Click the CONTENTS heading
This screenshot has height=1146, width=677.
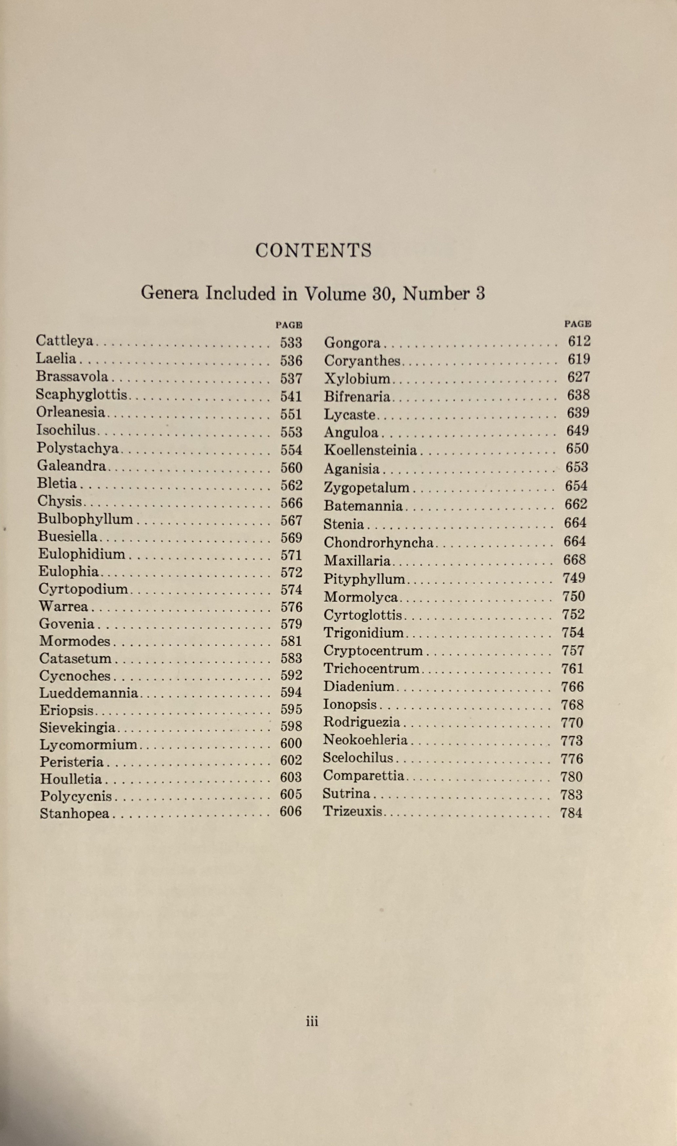coord(313,250)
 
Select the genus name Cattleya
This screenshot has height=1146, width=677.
coord(64,341)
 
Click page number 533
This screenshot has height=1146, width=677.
coord(291,343)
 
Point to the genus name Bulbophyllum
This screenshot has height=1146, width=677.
coord(85,520)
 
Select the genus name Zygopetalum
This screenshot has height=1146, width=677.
coord(366,487)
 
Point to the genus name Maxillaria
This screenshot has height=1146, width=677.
coord(357,561)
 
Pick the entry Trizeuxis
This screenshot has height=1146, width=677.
coord(352,812)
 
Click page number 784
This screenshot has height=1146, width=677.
coord(571,813)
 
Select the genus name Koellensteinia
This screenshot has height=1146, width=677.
coord(370,450)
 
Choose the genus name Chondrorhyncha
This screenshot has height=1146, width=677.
coord(378,543)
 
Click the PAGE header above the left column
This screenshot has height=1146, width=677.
coord(289,325)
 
